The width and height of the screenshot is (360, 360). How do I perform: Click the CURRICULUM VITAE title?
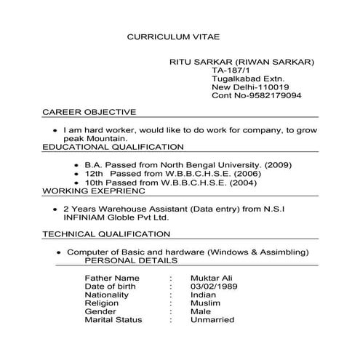point(172,36)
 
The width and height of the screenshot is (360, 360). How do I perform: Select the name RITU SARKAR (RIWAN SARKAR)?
point(241,62)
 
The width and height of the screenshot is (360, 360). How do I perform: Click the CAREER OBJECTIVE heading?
point(89,112)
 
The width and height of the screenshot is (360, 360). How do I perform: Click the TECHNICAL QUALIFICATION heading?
point(107,234)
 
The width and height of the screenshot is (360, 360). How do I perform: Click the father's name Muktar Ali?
point(212,278)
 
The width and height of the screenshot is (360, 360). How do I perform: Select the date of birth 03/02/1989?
point(214,287)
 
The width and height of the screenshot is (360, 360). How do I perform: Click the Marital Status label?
point(113,320)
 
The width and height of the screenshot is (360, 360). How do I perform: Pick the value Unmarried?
point(212,320)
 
